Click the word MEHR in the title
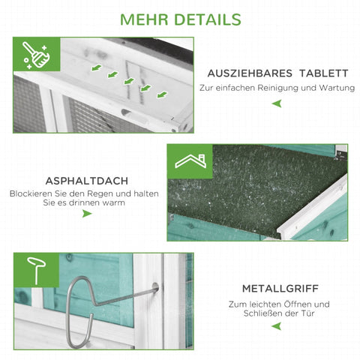(x=144, y=19)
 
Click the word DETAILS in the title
(x=208, y=19)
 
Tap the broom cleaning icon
(x=36, y=55)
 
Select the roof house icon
(x=190, y=161)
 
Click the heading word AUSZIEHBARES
(x=250, y=73)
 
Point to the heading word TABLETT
(x=324, y=73)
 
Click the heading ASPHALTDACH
(x=87, y=181)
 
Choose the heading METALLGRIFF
(x=280, y=289)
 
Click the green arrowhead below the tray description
(x=277, y=103)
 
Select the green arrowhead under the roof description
(x=87, y=214)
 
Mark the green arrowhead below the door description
(x=277, y=326)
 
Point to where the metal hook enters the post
(x=155, y=287)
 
